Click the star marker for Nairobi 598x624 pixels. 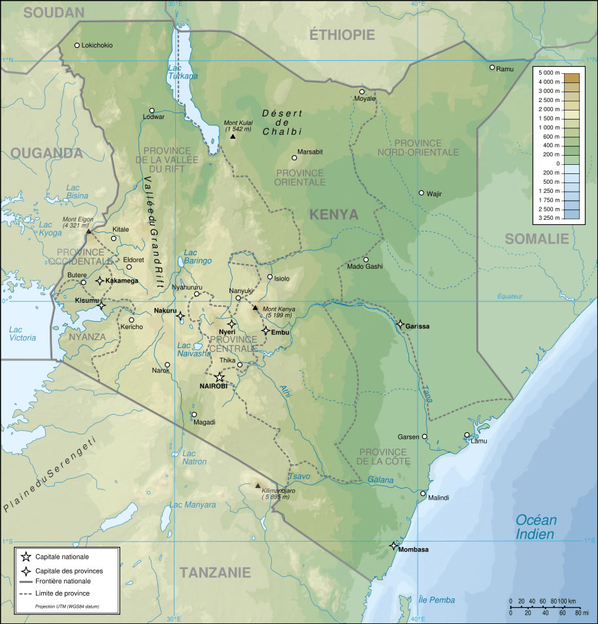click(x=220, y=377)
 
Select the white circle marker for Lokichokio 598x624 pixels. click(x=77, y=45)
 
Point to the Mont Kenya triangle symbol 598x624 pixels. click(x=256, y=307)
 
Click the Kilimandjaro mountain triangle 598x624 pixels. click(x=257, y=485)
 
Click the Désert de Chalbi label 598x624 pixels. click(x=282, y=122)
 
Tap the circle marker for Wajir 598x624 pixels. click(x=422, y=193)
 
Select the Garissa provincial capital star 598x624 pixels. click(x=400, y=324)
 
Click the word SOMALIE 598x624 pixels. click(x=537, y=239)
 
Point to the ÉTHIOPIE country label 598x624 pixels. click(x=342, y=35)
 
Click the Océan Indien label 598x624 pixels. click(x=536, y=527)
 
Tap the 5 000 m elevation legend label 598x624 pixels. click(x=548, y=72)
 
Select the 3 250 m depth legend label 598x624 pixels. click(x=548, y=217)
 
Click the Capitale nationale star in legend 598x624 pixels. click(x=25, y=557)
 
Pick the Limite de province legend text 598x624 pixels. click(x=63, y=593)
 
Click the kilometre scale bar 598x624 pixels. click(x=542, y=606)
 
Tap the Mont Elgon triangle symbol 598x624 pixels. click(x=89, y=231)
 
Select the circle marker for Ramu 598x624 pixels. click(x=492, y=67)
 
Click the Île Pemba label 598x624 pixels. click(x=437, y=600)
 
